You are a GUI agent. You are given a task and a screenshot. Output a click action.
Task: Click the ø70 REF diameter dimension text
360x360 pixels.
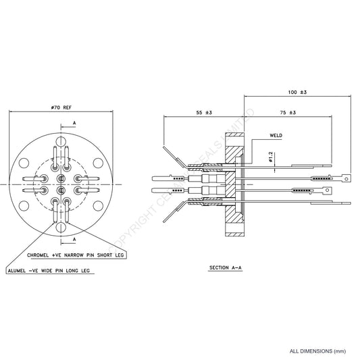[x=61, y=107]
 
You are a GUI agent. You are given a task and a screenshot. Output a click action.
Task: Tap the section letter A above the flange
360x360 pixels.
[x=73, y=124]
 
